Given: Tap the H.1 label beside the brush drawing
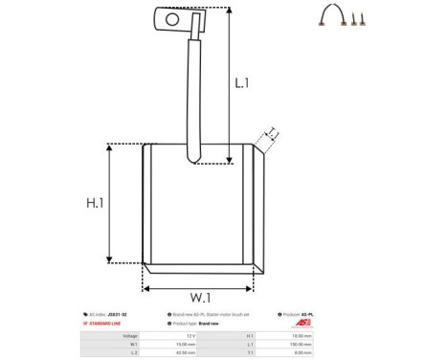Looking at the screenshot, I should [x=94, y=203].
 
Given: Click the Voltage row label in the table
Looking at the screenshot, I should [x=130, y=336].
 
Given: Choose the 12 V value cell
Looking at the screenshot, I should [x=190, y=336].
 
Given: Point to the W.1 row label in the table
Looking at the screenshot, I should [x=133, y=345].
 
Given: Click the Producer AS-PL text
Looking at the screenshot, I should [x=302, y=314].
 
